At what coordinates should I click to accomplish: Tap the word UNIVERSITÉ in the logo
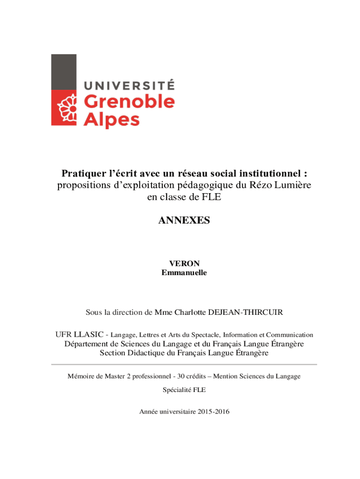click(x=129, y=85)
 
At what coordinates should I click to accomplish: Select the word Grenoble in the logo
click(x=129, y=101)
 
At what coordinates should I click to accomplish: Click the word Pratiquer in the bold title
click(x=82, y=174)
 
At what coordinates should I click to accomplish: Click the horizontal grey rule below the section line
click(x=184, y=364)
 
